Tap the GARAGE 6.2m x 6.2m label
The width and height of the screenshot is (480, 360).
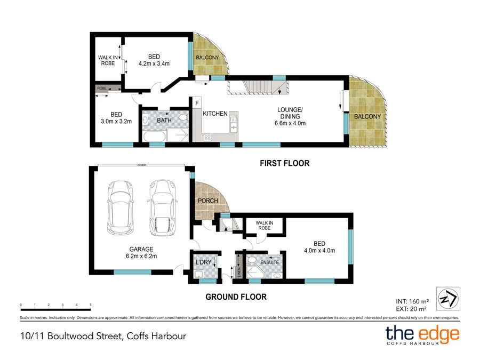(x=141, y=252)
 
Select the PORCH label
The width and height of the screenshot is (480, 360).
(x=207, y=201)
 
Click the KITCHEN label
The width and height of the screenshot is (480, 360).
(x=215, y=114)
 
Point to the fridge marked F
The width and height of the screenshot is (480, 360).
(x=197, y=103)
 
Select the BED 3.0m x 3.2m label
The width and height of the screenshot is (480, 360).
(x=116, y=117)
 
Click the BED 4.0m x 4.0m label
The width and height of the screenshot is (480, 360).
(x=319, y=247)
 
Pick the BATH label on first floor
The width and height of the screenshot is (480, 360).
(x=164, y=121)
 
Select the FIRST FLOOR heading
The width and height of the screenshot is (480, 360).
(x=285, y=163)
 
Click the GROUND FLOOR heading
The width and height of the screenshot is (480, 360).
(x=236, y=297)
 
